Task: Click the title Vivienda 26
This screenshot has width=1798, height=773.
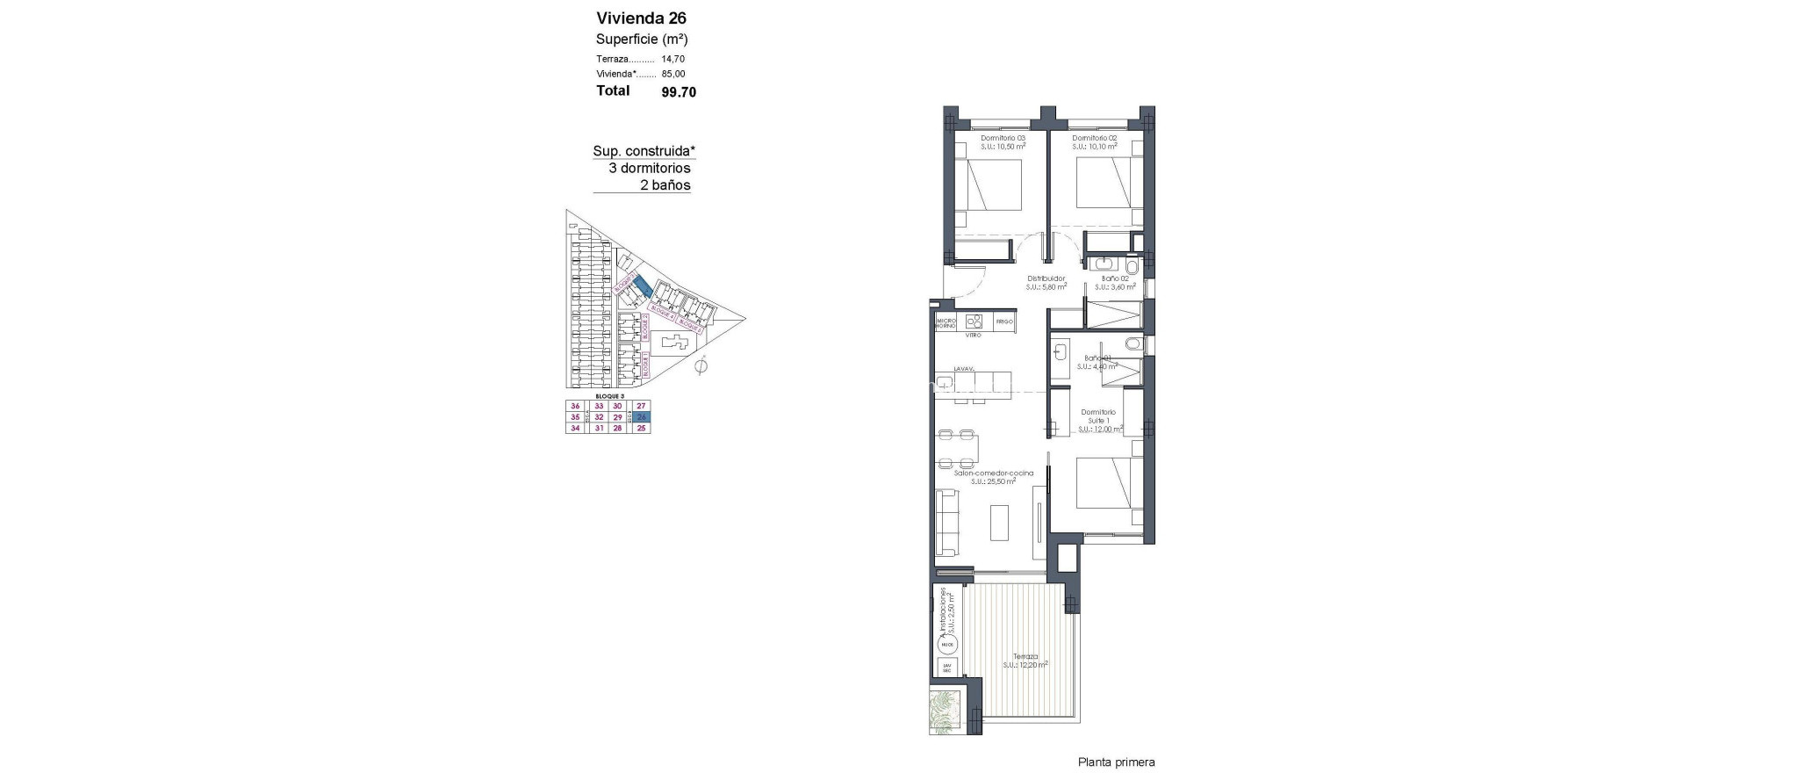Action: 641,18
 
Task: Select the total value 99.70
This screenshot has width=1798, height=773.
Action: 679,91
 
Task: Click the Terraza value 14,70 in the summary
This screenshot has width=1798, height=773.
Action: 673,59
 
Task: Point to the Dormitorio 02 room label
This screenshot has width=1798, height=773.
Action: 1095,139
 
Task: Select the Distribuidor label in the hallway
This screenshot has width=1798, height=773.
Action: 1046,278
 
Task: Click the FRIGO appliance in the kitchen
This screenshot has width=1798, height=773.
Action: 1004,322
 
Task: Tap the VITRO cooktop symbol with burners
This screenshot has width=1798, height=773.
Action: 973,321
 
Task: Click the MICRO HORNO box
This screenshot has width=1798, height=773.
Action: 946,322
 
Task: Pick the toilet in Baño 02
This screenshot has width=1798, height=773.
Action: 1132,266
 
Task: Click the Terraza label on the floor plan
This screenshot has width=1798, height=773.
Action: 1025,656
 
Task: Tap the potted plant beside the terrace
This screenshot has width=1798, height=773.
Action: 947,712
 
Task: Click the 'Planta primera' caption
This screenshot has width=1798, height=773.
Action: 1116,762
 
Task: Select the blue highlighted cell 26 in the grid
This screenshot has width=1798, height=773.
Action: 642,417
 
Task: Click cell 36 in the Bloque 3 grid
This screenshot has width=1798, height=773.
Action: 575,406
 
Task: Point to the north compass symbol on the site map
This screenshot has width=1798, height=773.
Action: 700,367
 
